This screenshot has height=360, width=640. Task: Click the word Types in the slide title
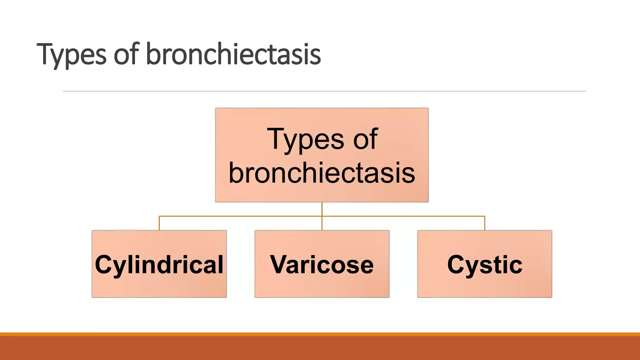coord(71,55)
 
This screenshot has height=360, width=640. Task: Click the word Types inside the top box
coord(305,140)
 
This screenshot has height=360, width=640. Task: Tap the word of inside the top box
coord(365,139)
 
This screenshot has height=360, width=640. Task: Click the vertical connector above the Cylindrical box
coord(159,223)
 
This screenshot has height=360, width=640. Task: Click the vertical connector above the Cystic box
coord(485,223)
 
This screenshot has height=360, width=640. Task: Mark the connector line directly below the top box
coord(322,209)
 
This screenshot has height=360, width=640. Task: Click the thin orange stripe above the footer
coord(320,334)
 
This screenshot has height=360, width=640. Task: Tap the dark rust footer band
coord(320,348)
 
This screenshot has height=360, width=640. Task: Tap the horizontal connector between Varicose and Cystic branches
coord(403,216)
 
